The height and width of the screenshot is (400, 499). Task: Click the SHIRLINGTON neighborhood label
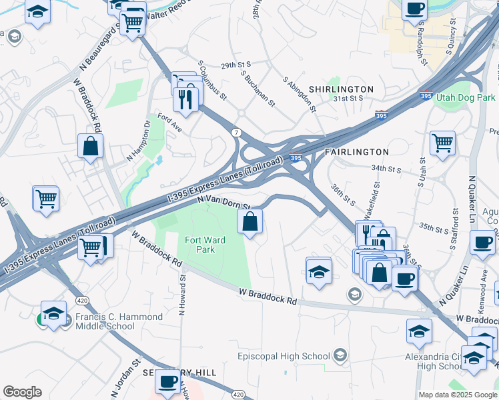tap(341, 89)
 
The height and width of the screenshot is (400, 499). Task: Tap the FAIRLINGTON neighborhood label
tap(356, 152)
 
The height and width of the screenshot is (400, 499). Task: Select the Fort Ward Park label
tap(200, 244)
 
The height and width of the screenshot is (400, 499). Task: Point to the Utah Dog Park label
tap(466, 98)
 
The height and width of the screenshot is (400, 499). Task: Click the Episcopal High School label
tap(284, 356)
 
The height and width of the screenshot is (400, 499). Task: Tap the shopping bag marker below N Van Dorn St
tap(250, 222)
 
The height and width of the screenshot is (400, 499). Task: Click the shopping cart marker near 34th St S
tap(442, 142)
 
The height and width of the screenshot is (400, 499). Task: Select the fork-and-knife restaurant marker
tap(185, 99)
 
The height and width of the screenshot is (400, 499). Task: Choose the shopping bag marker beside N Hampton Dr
tap(90, 145)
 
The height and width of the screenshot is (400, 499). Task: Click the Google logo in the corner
tap(22, 392)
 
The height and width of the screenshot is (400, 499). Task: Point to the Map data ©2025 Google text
tap(457, 395)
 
